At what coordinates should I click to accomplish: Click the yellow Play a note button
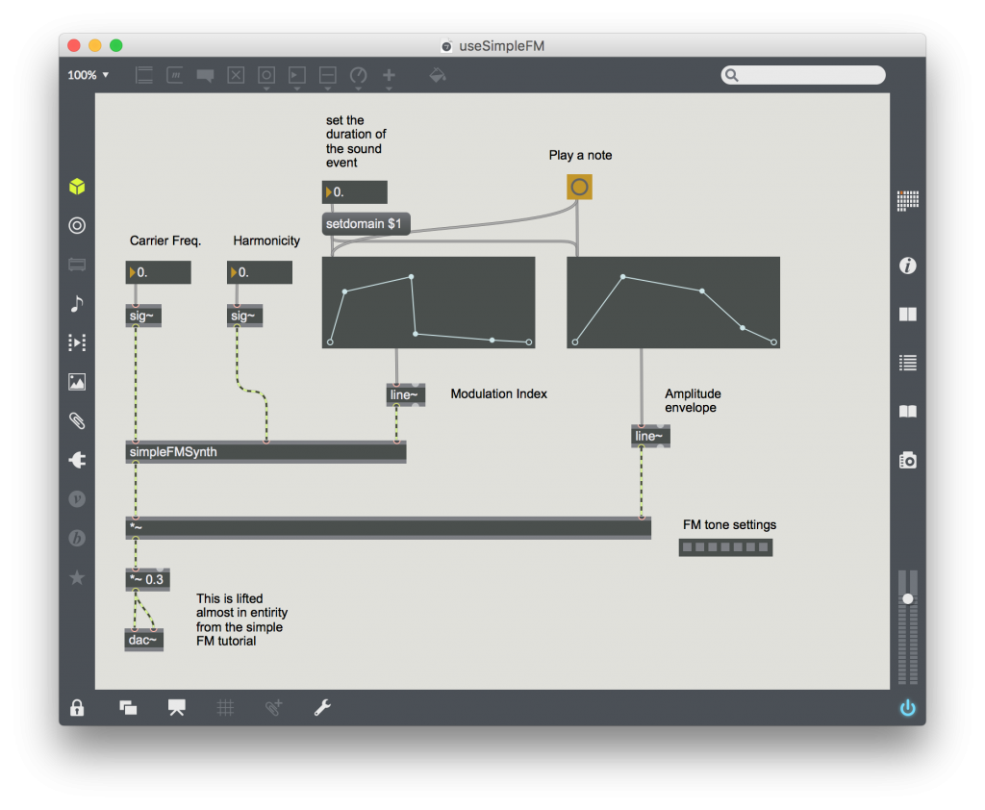(579, 187)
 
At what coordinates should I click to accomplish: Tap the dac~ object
(143, 639)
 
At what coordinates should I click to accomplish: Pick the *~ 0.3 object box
(147, 580)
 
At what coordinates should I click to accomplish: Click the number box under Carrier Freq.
(159, 273)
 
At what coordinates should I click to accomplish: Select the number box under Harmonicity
(260, 273)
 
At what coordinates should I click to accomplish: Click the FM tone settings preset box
(725, 547)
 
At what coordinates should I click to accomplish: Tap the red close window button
(74, 45)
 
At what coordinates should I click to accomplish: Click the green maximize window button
(116, 45)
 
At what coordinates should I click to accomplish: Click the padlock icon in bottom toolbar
(77, 709)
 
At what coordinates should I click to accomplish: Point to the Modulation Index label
(498, 394)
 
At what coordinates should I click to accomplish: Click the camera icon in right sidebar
(907, 460)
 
